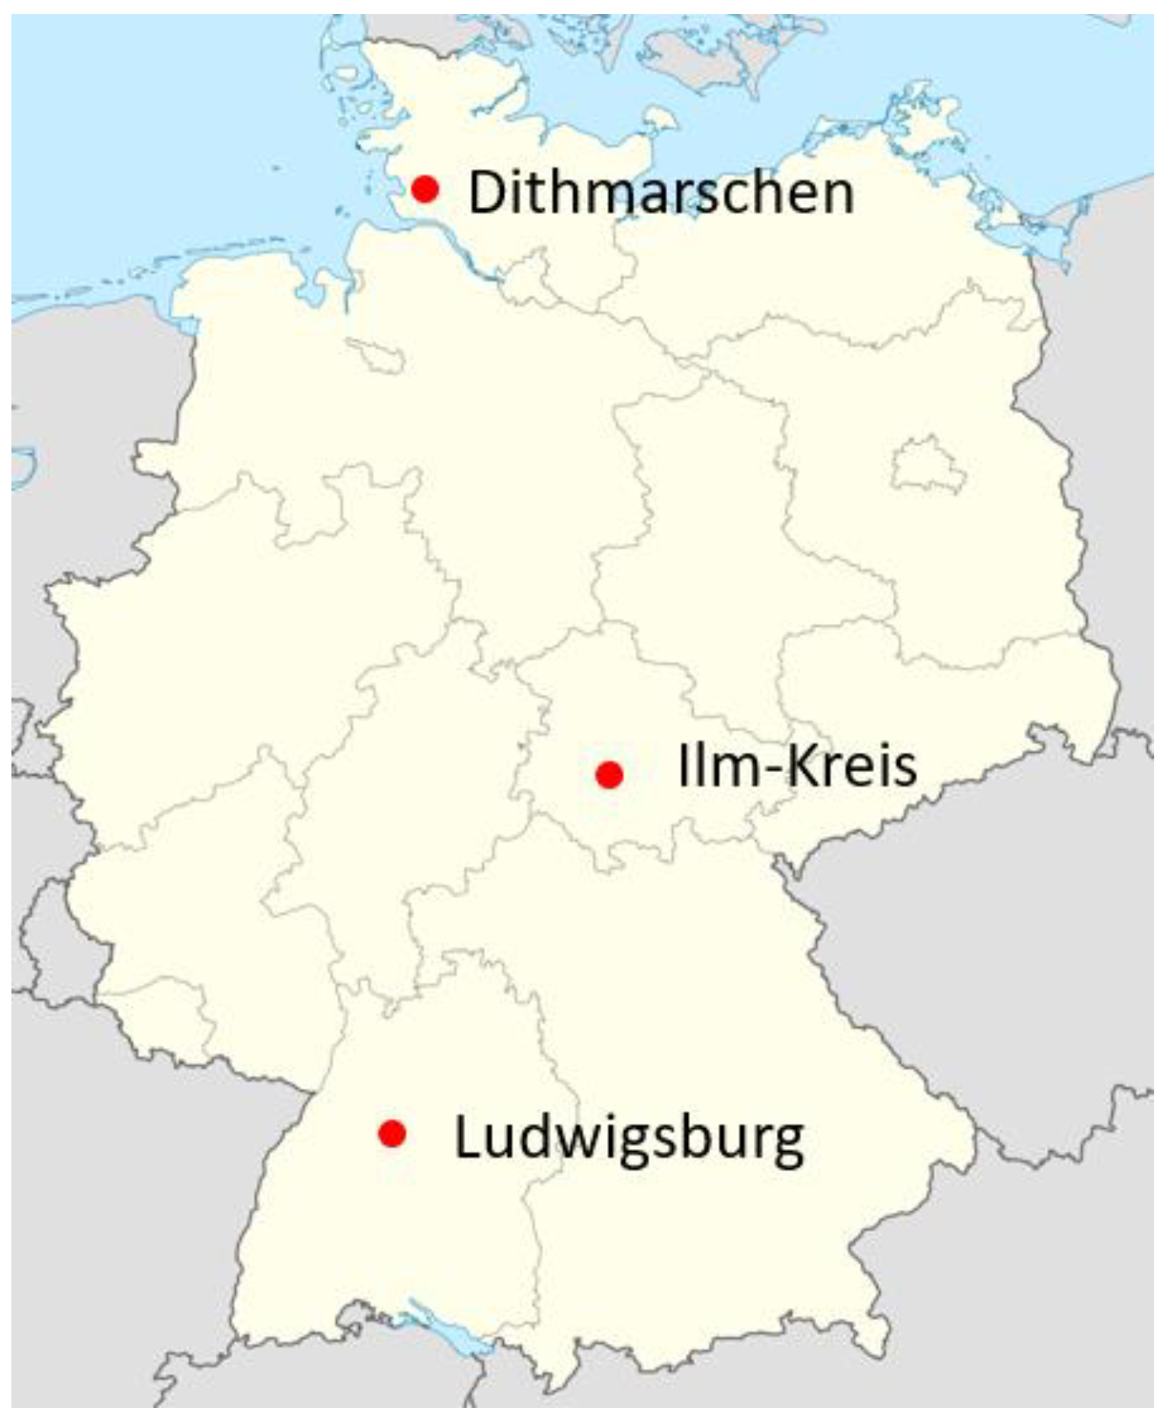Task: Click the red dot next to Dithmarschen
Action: [x=426, y=189]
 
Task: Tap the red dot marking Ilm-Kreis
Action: [x=609, y=775]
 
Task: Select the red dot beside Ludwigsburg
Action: [x=391, y=1133]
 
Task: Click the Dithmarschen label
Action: [x=661, y=193]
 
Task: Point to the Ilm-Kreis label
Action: [x=797, y=765]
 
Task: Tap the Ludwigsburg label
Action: [x=628, y=1138]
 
